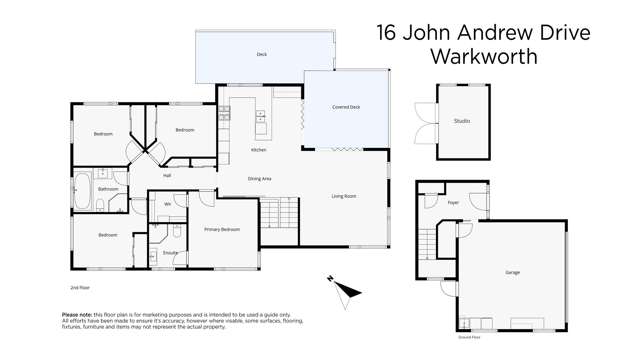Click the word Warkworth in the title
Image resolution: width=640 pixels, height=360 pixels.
[483, 57]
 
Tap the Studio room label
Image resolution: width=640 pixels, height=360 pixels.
[461, 121]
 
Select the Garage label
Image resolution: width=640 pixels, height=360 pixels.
[511, 272]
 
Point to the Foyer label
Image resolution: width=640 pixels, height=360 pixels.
[453, 202]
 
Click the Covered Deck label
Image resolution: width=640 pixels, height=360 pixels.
[346, 107]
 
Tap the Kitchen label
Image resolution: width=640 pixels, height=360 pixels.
[258, 150]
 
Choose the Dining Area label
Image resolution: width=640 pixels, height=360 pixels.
[260, 178]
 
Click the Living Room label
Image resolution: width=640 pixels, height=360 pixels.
[343, 196]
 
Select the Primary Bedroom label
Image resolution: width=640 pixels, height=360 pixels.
[221, 229]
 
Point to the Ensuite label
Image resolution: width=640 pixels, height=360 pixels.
[170, 253]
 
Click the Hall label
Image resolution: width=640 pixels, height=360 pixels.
[167, 175]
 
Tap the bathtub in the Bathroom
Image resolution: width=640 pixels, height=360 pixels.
[82, 187]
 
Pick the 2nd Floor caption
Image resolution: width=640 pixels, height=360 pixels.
[80, 287]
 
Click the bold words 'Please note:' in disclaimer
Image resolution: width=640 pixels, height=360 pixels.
[77, 313]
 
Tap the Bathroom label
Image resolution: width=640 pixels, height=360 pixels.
[108, 189]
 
